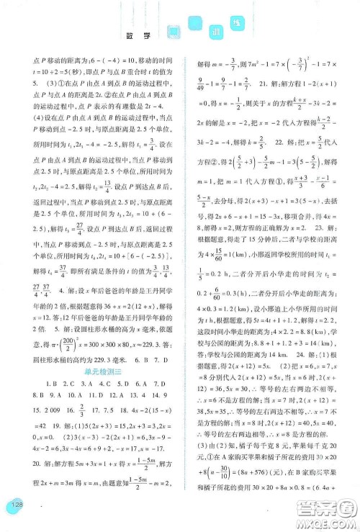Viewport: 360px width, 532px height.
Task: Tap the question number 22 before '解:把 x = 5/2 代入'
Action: click(271, 143)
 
